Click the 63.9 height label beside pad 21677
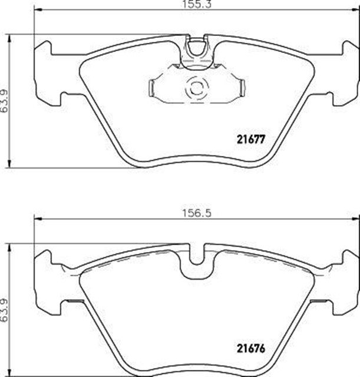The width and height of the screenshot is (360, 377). [5, 101]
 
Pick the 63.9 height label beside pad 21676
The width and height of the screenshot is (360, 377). [5, 310]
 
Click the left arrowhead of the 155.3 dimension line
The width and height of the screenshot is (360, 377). [38, 10]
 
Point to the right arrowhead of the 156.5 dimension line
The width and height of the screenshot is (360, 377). [356, 219]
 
